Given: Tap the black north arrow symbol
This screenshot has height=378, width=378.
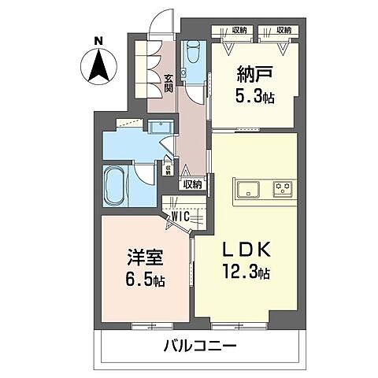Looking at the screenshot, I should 97,65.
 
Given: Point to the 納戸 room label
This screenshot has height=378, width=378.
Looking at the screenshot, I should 253,75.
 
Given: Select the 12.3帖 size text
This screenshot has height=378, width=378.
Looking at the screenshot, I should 246,273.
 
